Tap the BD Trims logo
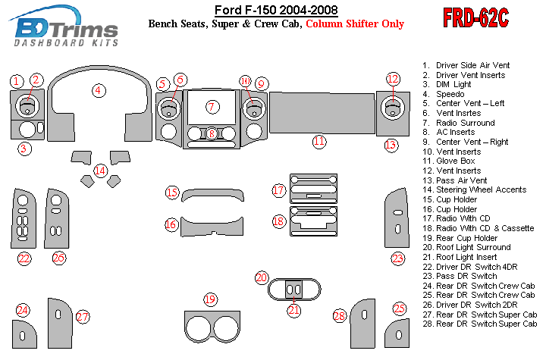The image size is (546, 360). (67, 30)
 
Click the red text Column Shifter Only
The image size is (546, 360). (354, 23)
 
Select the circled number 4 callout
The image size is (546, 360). (99, 91)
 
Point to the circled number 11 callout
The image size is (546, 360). (319, 141)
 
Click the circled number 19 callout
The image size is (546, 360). (210, 300)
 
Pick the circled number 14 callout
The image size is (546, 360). (100, 171)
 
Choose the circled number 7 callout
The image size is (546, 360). (212, 106)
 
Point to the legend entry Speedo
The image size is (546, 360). (450, 94)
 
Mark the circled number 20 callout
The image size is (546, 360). (262, 278)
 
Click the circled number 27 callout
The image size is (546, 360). (83, 317)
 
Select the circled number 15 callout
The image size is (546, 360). (173, 193)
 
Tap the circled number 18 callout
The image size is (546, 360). (279, 221)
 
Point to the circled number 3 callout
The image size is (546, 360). (25, 149)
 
